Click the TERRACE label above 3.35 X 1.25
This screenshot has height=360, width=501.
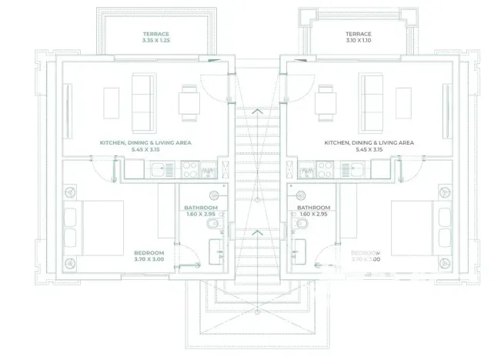coord(156,34)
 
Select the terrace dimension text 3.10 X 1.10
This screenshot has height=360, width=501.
coord(358,42)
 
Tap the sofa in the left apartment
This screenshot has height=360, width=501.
coord(142,102)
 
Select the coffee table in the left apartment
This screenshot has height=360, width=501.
coord(111,102)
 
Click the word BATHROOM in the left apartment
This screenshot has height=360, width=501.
coord(201,208)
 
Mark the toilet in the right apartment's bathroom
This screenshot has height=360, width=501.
coord(301,223)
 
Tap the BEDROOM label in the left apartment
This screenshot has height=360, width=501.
coord(149,253)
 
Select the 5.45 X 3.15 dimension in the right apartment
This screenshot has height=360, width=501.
coord(369,150)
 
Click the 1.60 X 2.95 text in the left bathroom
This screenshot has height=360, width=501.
coord(201,214)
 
